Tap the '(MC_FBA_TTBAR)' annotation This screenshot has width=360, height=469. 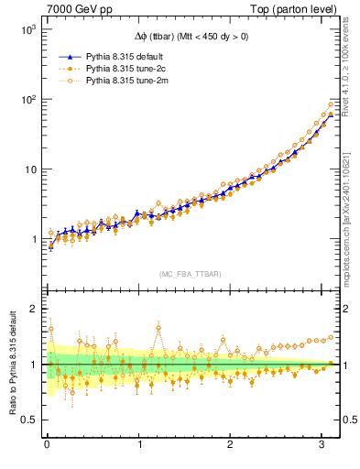click(x=191, y=274)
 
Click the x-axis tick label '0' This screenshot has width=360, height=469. click(x=47, y=446)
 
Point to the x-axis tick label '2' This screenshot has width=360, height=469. click(x=230, y=446)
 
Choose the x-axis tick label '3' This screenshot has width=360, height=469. click(x=322, y=446)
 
